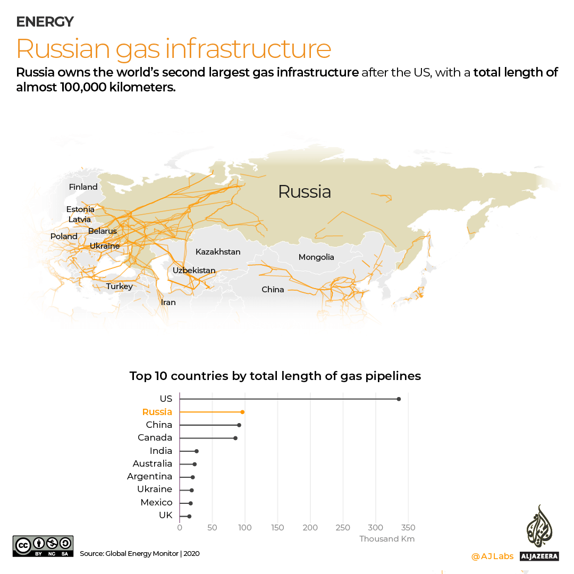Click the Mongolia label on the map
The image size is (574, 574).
pos(316,257)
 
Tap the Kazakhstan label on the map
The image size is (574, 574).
pos(218,252)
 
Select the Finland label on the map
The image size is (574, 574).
pos(83,187)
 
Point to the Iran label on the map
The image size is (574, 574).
pos(168,302)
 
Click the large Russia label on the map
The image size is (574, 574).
pos(305,192)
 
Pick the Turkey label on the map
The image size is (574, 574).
pos(119,286)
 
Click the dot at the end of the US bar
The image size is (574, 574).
pos(399,399)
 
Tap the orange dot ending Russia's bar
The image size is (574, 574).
pos(242,412)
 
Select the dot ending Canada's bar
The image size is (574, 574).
pos(235,438)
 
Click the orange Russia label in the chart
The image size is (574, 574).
pos(157,412)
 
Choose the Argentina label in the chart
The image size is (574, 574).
pos(149,477)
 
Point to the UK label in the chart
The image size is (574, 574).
pos(165,516)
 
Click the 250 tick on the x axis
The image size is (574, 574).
pos(343,528)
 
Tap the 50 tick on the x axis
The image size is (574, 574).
pos(212,528)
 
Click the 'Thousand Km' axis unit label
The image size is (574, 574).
pos(387,539)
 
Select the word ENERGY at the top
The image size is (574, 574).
pos(45,22)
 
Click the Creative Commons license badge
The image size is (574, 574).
pos(43,547)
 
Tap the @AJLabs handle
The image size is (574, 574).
pos(492,556)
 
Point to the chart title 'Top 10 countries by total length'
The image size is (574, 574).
pos(275,376)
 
